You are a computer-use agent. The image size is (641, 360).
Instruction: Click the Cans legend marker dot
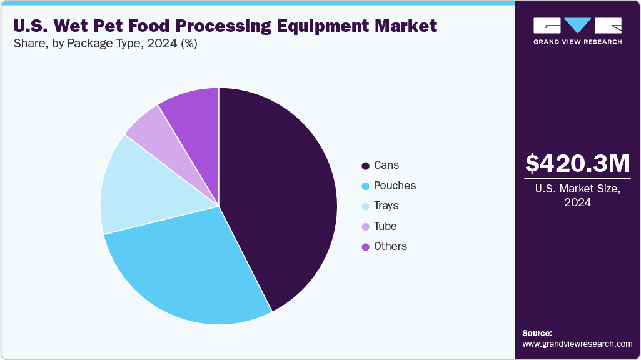pos(365,166)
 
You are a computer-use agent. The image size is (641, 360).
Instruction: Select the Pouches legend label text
pos(395,186)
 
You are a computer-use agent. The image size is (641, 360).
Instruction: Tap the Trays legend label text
pos(386,206)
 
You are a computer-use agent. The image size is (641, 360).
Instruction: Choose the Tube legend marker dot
pos(365,226)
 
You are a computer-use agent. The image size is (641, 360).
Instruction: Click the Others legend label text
pos(390,246)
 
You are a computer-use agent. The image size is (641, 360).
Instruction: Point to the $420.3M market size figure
pos(577,164)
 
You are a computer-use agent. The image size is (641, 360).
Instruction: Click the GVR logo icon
pos(577,26)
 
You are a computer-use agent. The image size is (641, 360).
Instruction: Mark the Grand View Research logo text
pos(577,42)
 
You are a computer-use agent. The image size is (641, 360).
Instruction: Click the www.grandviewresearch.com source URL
pos(577,344)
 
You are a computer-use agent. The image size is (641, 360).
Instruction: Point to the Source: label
pos(537,333)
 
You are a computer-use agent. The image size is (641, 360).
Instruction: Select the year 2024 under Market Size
pos(577,202)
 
